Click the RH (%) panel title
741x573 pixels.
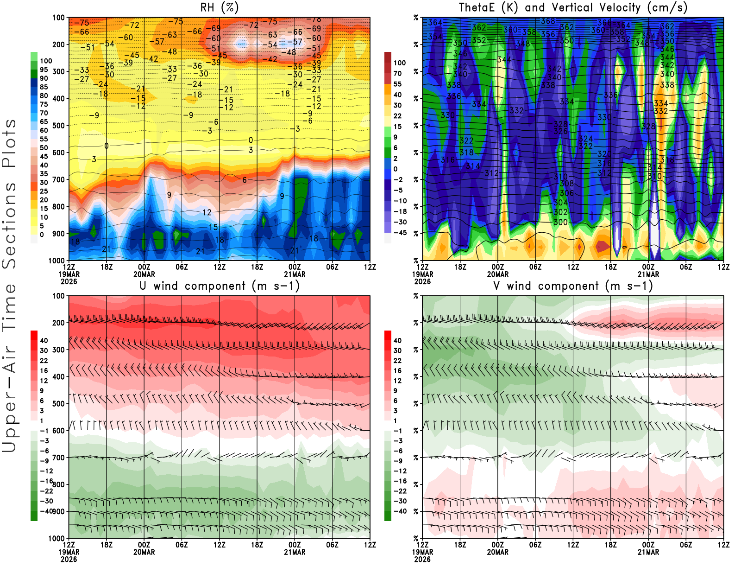pyautogui.click(x=220, y=7)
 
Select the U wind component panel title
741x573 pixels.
pyautogui.click(x=220, y=286)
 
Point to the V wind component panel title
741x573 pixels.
pyautogui.click(x=573, y=286)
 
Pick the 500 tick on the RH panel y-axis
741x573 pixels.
pyautogui.click(x=58, y=125)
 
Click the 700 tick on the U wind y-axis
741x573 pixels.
pyautogui.click(x=58, y=458)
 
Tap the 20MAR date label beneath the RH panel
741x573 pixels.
pyautogui.click(x=144, y=274)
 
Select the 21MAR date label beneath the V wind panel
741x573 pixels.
pyautogui.click(x=648, y=552)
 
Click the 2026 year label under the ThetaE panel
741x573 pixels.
pyautogui.click(x=422, y=281)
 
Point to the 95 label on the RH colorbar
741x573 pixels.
pyautogui.click(x=44, y=70)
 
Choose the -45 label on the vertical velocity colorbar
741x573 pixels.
pyautogui.click(x=400, y=233)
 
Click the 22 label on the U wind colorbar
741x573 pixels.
pyautogui.click(x=44, y=361)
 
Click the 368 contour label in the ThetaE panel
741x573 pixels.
pyautogui.click(x=548, y=21)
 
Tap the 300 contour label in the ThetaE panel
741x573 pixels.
pyautogui.click(x=560, y=222)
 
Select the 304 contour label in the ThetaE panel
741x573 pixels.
pyautogui.click(x=560, y=203)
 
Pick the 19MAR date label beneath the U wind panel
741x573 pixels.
pyautogui.click(x=69, y=552)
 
